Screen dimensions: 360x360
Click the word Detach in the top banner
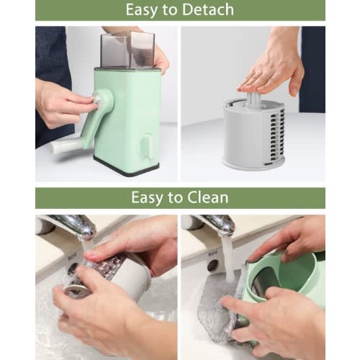(x=206, y=10)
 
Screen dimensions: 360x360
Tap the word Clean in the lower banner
(x=207, y=197)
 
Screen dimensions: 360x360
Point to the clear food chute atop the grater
(x=127, y=50)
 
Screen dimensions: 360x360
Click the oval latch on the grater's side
(x=148, y=145)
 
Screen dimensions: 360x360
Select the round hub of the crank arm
(x=103, y=99)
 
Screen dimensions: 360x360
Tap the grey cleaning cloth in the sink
(x=221, y=305)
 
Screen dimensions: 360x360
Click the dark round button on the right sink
(x=212, y=266)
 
